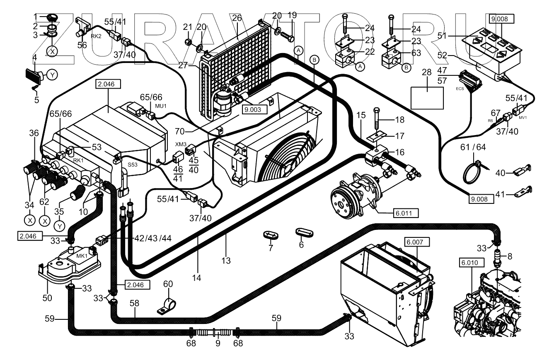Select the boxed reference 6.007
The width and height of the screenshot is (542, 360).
417,242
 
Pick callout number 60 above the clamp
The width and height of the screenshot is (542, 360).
168,284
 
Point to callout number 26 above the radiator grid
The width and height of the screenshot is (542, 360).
237,18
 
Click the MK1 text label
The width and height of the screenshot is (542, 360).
82,255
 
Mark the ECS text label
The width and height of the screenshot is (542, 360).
460,88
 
